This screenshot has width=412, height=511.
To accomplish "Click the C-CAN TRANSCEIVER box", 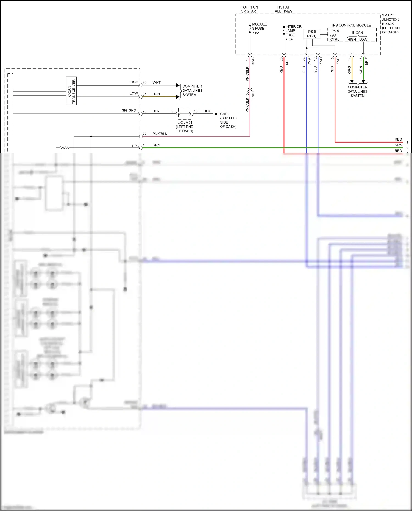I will [71, 91].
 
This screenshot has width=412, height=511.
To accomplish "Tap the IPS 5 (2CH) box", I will [311, 34].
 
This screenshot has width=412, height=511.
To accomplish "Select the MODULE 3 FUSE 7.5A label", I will [259, 29].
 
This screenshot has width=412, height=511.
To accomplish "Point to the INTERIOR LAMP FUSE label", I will [293, 33].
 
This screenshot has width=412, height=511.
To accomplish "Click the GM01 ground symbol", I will [217, 114].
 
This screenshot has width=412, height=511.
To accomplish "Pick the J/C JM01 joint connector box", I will [185, 114].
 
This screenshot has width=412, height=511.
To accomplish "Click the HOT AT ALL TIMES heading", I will [283, 9].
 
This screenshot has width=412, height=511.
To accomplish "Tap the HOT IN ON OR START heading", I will [249, 9].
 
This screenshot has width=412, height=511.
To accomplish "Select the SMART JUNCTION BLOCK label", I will [390, 24].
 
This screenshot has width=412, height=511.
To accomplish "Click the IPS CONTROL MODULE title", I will [351, 25].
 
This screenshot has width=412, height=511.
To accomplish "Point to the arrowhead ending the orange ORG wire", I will [352, 81].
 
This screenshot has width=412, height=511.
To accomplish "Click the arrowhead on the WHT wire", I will [178, 85].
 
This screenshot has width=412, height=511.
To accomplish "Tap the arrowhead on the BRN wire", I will [178, 97].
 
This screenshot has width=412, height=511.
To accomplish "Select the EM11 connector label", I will [253, 95].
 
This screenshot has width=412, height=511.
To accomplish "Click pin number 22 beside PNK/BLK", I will [144, 134].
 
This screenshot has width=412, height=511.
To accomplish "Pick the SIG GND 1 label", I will [130, 110].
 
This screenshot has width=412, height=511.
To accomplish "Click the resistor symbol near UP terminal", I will [65, 148].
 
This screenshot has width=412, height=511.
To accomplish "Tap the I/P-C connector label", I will [338, 61].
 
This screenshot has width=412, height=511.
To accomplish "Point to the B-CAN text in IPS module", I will [357, 32].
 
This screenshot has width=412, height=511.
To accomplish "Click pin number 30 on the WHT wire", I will [144, 83].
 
